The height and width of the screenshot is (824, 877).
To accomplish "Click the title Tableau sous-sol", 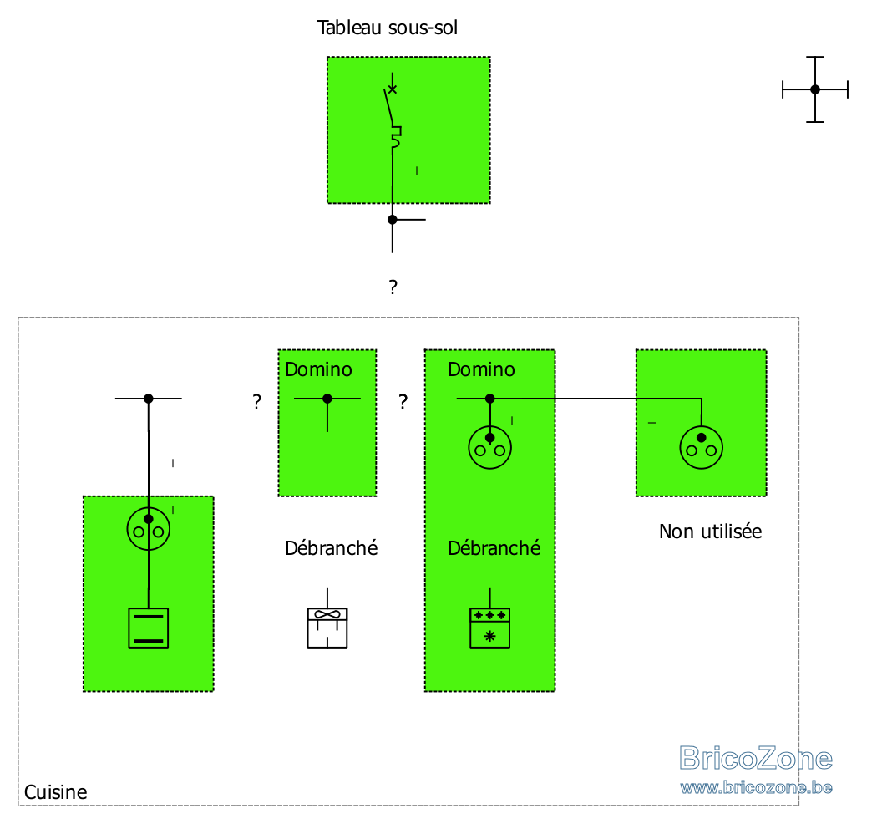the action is click(x=387, y=28).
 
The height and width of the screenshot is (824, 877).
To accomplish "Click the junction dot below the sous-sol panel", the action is click(x=392, y=220).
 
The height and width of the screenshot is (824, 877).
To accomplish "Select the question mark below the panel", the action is click(x=393, y=287).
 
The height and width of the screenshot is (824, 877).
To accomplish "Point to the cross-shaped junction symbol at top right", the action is click(x=815, y=89).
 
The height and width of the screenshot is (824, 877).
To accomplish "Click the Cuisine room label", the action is click(x=55, y=792).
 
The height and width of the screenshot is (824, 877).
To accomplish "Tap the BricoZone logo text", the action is click(x=756, y=759).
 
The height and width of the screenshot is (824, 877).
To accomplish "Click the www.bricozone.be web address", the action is click(x=756, y=787).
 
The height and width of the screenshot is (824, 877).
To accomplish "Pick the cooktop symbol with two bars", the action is click(x=148, y=628).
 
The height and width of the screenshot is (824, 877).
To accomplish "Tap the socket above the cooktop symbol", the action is click(x=148, y=529).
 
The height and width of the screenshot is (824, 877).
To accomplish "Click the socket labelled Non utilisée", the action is click(x=702, y=448).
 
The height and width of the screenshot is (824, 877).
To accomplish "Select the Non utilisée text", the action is click(x=710, y=532).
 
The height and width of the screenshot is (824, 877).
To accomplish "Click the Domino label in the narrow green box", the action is click(x=318, y=369).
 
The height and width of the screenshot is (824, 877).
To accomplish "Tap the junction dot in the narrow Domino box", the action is click(x=327, y=399).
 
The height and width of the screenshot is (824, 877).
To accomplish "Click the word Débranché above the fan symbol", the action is click(x=331, y=548).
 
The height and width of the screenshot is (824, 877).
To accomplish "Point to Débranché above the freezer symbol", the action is click(x=494, y=548).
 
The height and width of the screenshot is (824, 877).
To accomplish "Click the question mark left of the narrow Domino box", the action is click(x=256, y=401).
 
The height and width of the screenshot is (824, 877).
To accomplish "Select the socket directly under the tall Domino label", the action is click(x=490, y=448).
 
